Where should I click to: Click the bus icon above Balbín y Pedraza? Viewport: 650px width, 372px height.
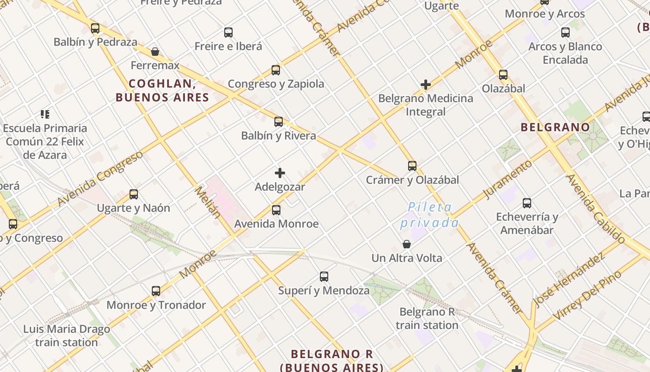click(95, 28)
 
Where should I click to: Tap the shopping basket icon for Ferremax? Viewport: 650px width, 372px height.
click(155, 51)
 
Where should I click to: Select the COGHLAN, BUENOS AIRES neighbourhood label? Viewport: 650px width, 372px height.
click(162, 91)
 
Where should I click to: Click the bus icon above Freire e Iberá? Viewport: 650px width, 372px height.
click(228, 33)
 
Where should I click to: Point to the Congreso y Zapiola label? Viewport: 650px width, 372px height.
click(276, 84)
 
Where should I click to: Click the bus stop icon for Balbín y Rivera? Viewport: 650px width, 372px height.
click(279, 122)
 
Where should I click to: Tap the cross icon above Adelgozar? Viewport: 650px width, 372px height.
click(280, 173)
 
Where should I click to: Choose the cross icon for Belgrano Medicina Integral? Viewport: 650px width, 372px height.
click(426, 85)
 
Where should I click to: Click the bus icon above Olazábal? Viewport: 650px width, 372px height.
click(503, 75)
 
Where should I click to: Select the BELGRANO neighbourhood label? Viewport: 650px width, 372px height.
click(555, 127)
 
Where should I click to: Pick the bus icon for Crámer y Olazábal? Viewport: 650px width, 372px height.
click(412, 166)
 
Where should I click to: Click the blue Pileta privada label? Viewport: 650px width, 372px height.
click(429, 215)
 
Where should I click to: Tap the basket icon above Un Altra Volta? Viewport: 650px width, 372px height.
click(407, 244)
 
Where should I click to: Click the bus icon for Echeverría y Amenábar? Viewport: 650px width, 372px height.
click(527, 203)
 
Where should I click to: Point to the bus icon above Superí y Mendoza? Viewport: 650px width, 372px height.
click(324, 277)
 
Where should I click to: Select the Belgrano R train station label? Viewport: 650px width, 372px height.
click(427, 319)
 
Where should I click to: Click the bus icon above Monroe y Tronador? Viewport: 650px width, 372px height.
click(156, 291)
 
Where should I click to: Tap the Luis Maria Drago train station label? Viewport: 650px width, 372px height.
click(67, 336)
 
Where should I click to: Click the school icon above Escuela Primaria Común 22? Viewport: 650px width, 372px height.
click(45, 114)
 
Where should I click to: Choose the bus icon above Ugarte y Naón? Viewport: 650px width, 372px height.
click(134, 194)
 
